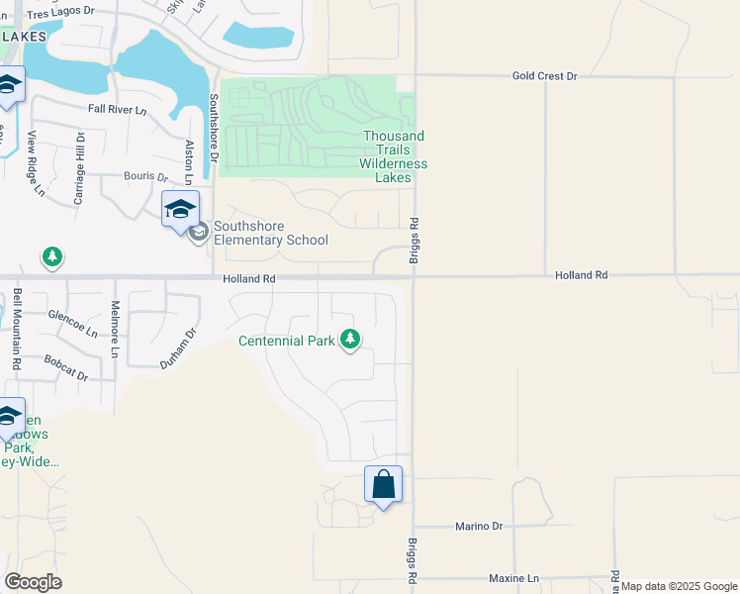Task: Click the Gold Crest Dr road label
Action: [544, 75]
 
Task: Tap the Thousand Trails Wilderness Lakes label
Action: [394, 156]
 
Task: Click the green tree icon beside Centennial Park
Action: [349, 340]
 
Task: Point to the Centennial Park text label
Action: [287, 342]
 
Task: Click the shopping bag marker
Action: [384, 486]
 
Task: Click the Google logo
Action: [33, 582]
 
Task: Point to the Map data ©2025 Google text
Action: [679, 586]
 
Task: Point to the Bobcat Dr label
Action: [66, 368]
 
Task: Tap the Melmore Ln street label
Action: [115, 329]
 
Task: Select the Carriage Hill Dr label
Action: [80, 167]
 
